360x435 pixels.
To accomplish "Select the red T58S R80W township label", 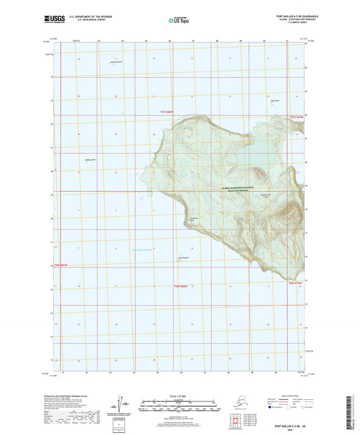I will pos(178,286).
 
